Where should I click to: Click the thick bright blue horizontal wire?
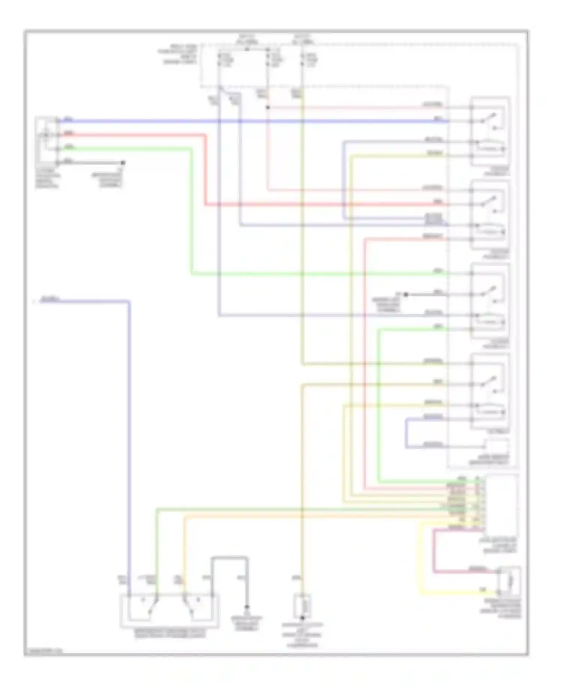click(248, 121)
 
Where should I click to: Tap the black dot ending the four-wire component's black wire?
click(123, 163)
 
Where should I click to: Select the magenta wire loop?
click(434, 552)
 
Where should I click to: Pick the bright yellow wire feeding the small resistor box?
click(420, 563)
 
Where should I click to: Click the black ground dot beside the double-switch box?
click(247, 607)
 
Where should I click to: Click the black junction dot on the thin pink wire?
click(268, 108)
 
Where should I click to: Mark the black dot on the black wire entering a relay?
click(406, 295)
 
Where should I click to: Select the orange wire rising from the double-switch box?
click(185, 555)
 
